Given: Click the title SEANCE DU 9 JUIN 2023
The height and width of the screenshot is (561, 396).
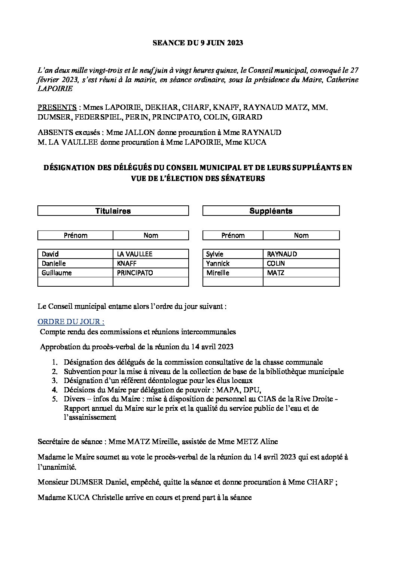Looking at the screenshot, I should tap(198, 43).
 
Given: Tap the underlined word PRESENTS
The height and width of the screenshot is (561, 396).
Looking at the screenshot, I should tap(57, 108).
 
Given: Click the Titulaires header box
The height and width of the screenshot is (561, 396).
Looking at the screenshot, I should tap(113, 211).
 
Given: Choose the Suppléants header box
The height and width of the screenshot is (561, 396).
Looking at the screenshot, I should tap(271, 211).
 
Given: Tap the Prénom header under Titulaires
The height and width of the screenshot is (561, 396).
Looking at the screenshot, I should tap(75, 235).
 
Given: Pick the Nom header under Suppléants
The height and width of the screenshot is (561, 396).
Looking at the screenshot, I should tap(301, 235).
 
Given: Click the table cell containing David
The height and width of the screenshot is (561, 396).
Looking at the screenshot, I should tap(75, 254).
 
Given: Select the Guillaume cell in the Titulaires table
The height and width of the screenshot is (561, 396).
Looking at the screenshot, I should tap(75, 273).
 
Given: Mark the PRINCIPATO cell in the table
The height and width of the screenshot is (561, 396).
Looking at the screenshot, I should tap(150, 273).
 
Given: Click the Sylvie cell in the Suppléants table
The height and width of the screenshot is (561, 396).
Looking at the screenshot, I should tap(233, 254).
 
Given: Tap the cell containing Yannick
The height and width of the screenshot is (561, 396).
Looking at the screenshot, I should tap(233, 263).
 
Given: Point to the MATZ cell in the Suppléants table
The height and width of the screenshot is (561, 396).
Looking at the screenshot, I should tap(301, 273).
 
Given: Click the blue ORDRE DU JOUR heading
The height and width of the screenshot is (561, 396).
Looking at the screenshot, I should tap(71, 322).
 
